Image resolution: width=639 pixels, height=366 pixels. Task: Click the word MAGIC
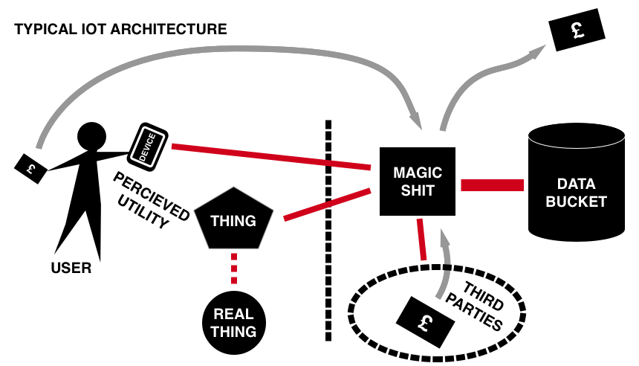tap(417, 173)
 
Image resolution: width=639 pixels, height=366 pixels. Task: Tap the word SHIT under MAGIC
tap(417, 190)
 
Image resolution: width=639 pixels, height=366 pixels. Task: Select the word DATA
tap(577, 184)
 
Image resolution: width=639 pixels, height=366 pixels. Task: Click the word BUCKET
tap(577, 202)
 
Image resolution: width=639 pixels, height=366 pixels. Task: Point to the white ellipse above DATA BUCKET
tap(577, 135)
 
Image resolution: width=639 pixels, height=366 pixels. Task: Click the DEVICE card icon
tap(147, 146)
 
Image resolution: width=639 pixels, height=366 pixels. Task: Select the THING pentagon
tap(233, 220)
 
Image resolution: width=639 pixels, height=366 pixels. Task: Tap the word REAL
tap(233, 314)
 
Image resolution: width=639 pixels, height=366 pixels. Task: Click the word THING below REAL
tap(233, 332)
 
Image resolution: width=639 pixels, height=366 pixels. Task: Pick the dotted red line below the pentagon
tap(234, 269)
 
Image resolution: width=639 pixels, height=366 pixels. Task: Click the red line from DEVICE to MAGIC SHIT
tap(271, 157)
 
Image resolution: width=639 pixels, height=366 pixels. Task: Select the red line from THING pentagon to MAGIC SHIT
tap(327, 205)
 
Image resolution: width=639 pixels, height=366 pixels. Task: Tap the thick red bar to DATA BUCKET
tap(492, 185)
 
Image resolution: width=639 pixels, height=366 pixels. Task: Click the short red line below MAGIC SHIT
tap(422, 239)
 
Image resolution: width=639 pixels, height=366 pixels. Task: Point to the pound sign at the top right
tap(577, 30)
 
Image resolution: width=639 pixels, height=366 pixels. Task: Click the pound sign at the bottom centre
tap(426, 323)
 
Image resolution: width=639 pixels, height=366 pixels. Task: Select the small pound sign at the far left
tap(30, 169)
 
